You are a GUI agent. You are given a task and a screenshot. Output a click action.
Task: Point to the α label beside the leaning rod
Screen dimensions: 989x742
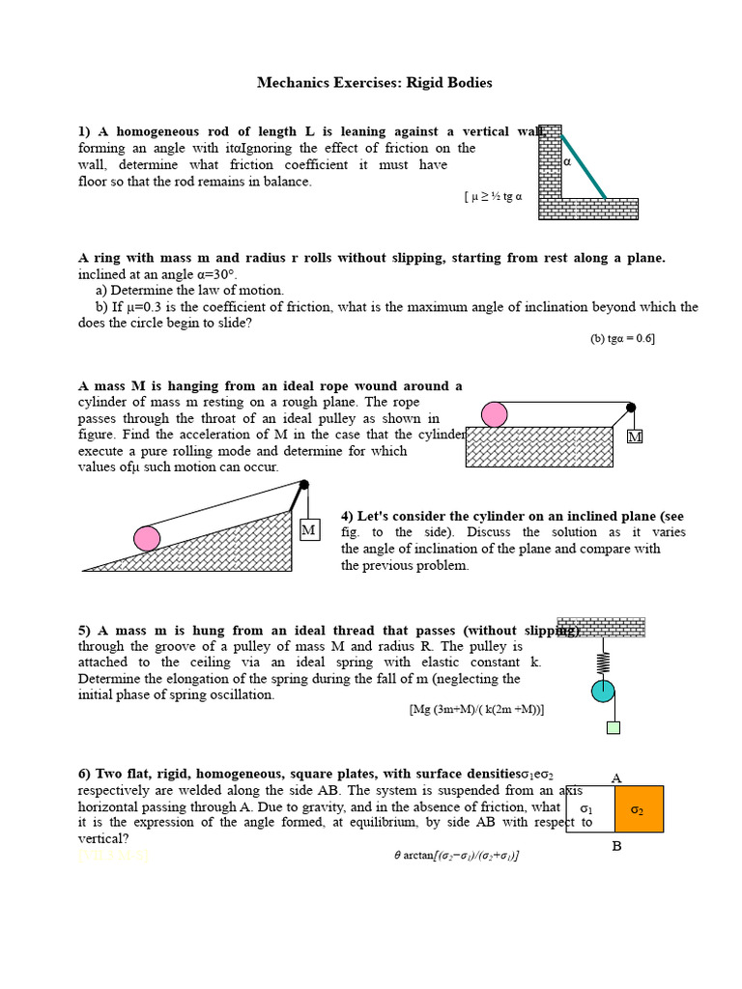pos(567,162)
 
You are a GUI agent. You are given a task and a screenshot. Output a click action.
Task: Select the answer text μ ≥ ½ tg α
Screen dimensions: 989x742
pos(496,196)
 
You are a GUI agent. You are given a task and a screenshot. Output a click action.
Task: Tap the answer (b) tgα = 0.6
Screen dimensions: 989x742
pos(622,338)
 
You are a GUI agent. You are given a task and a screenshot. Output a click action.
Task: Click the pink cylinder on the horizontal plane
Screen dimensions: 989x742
pos(494,414)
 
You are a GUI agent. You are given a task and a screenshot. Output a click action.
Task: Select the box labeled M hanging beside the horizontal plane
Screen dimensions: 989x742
pos(634,437)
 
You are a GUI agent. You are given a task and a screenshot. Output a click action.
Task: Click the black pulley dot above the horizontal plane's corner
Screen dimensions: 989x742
pos(631,408)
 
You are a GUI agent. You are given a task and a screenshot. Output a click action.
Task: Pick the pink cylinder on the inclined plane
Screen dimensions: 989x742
pos(147,538)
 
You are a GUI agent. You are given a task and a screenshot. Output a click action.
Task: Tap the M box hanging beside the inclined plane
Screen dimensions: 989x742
pos(308,530)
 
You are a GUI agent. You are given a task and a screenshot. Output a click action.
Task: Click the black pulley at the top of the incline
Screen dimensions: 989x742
pos(303,485)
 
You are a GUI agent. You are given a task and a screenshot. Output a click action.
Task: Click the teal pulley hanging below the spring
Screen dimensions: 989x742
pos(603,691)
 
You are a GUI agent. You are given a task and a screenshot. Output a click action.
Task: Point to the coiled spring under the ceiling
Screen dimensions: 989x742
pos(603,662)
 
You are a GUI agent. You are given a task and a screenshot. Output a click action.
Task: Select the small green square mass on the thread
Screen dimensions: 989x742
pos(613,727)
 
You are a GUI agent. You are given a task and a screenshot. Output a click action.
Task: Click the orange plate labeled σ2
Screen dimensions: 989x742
pos(639,808)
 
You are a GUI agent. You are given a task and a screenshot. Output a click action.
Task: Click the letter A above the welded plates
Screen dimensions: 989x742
pos(616,778)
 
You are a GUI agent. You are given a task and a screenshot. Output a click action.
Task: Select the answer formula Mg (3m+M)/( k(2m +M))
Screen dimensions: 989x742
pos(476,709)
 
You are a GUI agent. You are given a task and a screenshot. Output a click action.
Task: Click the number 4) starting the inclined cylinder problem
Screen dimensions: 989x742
pos(349,516)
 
